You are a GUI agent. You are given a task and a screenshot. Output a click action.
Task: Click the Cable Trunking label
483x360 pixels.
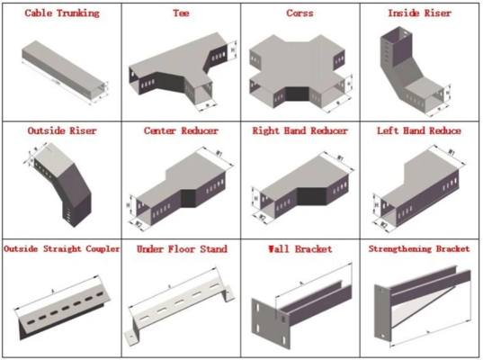61,13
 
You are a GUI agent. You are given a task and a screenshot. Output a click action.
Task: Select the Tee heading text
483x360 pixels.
181,13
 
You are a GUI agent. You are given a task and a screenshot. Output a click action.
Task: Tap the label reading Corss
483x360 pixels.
300,13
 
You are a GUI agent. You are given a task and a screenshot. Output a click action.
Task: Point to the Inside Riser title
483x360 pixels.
419,13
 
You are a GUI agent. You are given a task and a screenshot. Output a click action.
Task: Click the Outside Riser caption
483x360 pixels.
61,130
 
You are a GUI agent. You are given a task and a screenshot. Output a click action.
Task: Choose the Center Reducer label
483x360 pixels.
181,130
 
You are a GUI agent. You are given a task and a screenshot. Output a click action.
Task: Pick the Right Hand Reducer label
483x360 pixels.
300,130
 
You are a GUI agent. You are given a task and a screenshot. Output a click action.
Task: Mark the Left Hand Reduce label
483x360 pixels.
420,130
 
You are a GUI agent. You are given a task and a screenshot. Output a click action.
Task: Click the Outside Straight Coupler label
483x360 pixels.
61,247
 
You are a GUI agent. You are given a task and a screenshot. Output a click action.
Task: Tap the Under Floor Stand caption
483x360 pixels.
181,247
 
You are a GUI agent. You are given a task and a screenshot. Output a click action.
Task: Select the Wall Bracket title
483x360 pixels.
300,247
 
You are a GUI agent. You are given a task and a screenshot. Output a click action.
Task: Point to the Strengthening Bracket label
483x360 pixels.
420,247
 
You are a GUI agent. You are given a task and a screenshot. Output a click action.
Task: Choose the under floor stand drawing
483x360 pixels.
180,306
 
